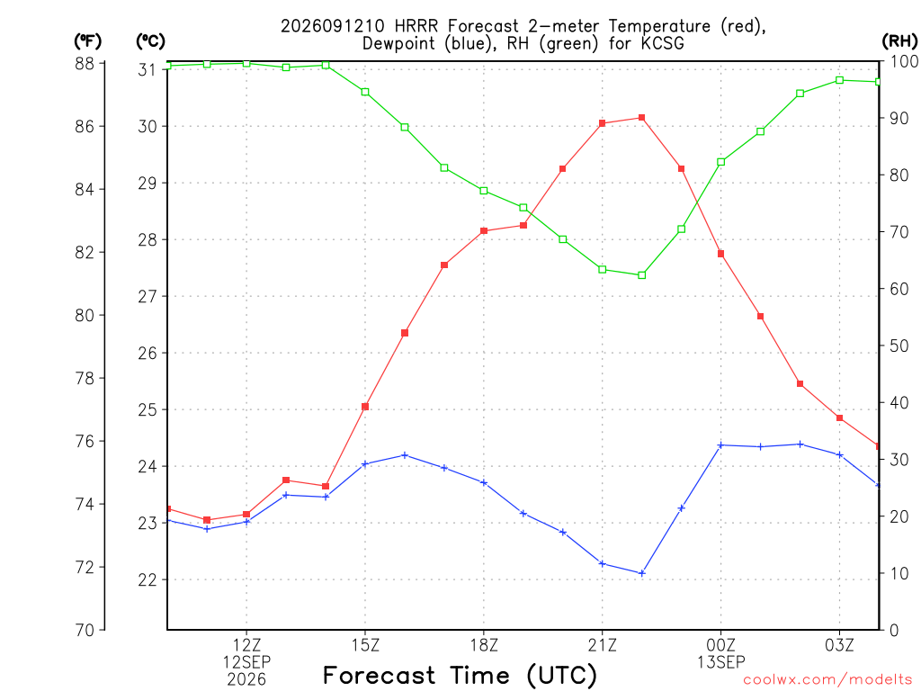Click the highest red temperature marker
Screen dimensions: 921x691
[x=642, y=118]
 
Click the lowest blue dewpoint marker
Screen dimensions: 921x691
[x=642, y=573]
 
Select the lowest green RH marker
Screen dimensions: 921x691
[x=642, y=275]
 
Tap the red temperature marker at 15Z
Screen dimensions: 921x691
[x=365, y=407]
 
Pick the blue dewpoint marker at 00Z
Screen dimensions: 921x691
[x=721, y=445]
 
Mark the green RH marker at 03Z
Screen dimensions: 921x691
[x=840, y=80]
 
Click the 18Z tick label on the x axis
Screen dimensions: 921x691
[x=484, y=646]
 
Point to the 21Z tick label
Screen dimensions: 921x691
[x=603, y=646]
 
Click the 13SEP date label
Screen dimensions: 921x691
[x=721, y=662]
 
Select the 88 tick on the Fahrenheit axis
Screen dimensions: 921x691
[x=85, y=64]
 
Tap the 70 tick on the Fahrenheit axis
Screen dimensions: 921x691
[x=85, y=630]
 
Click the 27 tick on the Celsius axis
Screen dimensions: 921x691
[x=148, y=297]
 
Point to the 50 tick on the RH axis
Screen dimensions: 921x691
[x=899, y=346]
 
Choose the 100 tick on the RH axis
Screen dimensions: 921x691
[x=904, y=61]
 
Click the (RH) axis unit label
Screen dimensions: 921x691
[x=899, y=40]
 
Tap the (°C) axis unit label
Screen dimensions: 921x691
[x=151, y=41]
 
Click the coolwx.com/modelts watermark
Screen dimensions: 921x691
[x=827, y=679]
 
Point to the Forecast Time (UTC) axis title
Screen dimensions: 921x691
[x=460, y=676]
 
